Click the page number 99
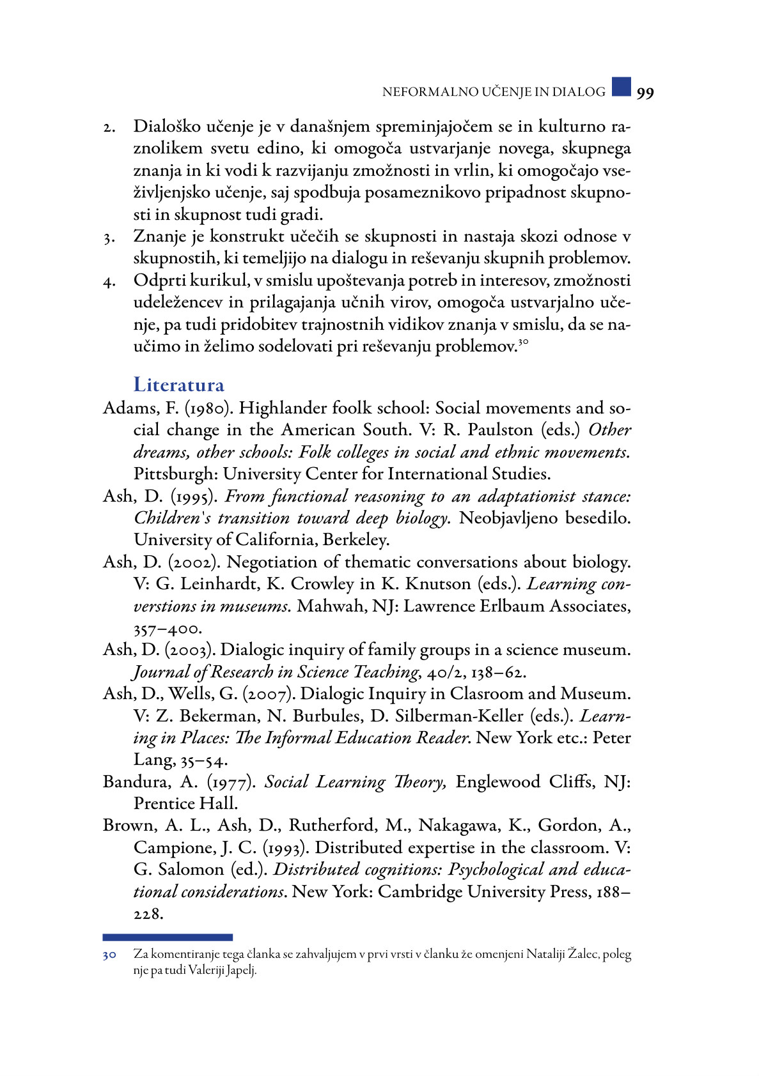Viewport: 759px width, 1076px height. point(645,93)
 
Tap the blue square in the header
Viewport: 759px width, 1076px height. point(621,86)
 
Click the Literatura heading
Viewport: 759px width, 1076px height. point(179,385)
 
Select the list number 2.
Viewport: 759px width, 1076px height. point(109,128)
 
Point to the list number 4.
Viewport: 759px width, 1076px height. point(109,282)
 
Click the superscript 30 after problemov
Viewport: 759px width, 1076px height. point(522,342)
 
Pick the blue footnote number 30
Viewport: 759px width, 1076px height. point(109,955)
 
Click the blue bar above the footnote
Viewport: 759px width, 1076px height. point(168,937)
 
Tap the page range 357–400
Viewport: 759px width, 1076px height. point(167,629)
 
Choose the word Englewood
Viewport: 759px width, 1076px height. point(497,782)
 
